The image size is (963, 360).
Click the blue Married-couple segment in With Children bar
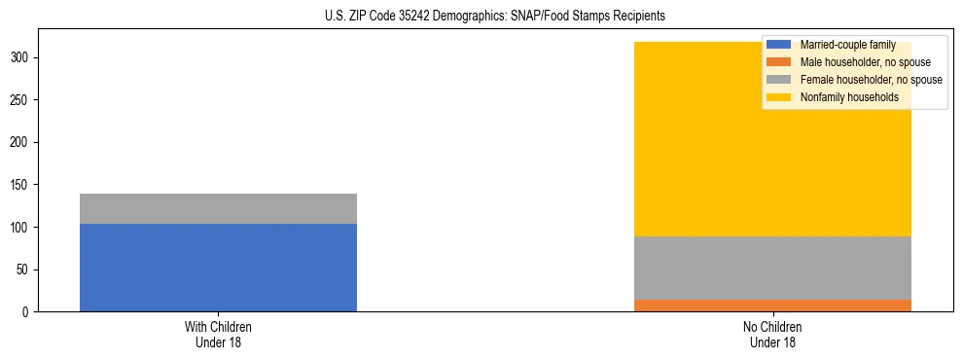click(x=218, y=268)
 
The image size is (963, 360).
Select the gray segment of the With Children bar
click(x=218, y=208)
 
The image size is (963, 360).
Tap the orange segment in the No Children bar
click(x=772, y=306)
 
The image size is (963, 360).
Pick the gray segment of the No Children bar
click(x=772, y=268)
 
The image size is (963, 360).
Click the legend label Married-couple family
click(x=847, y=45)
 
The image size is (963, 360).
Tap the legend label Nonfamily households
click(x=848, y=97)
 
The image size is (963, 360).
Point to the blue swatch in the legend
click(x=779, y=45)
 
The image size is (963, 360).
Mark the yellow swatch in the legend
click(x=779, y=97)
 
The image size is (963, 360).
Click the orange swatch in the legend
click(x=779, y=62)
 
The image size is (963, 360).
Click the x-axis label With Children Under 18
click(x=218, y=335)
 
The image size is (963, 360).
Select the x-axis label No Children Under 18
click(x=772, y=335)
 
